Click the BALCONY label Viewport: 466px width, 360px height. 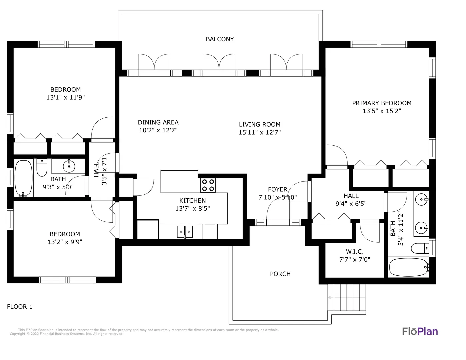[x=220, y=39]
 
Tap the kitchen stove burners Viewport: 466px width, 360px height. [x=208, y=185]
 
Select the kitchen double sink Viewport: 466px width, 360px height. [x=185, y=232]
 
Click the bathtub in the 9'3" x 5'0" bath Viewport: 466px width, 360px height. [x=23, y=178]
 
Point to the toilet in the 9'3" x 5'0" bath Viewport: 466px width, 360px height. [x=42, y=167]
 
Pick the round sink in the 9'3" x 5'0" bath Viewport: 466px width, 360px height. [x=69, y=166]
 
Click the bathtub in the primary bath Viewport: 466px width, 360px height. [x=409, y=267]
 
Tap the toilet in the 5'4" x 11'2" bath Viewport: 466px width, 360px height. [x=420, y=248]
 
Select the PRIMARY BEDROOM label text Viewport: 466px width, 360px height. [x=382, y=103]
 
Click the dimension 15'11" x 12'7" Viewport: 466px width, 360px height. [x=260, y=132]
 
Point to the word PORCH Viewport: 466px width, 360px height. [x=280, y=274]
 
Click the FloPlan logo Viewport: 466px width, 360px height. [x=420, y=331]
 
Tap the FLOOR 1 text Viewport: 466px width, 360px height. [x=20, y=307]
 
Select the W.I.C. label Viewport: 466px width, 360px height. [x=354, y=252]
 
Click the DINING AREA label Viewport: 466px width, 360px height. [x=158, y=122]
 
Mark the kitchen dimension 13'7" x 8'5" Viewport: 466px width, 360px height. [x=193, y=208]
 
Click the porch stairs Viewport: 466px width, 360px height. [x=347, y=297]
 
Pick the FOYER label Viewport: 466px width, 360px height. [x=277, y=189]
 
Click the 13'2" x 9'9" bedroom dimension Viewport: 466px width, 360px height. [x=65, y=242]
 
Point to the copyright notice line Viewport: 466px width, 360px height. [x=66, y=334]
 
